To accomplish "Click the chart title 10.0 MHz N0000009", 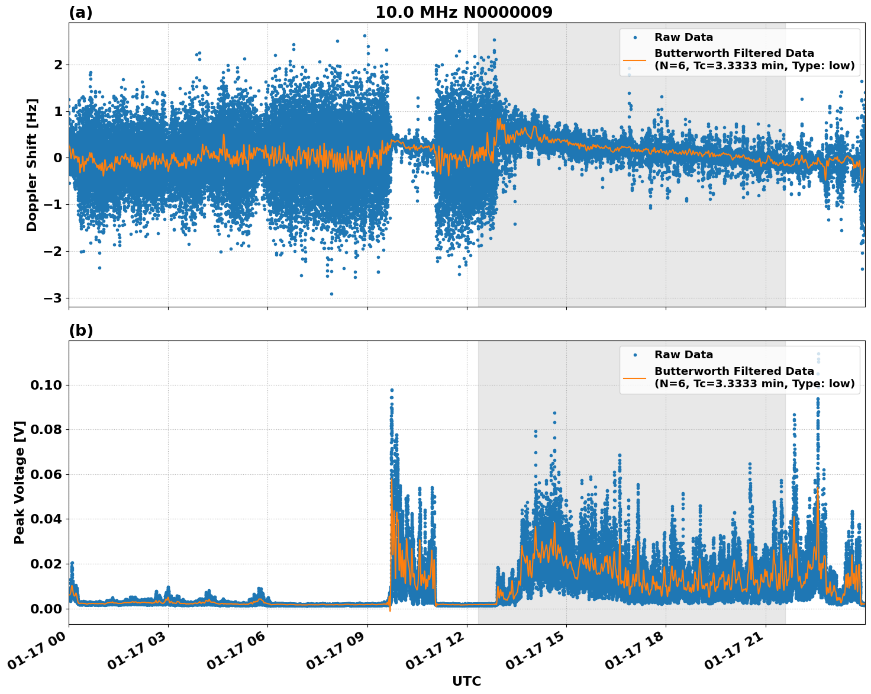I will [463, 12].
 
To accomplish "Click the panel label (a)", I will [80, 12].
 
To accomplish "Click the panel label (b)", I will [80, 330].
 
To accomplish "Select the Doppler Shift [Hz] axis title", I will [32, 165].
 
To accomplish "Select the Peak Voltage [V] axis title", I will [20, 482].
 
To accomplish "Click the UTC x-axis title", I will [466, 681].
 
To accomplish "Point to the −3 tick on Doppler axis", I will [53, 298].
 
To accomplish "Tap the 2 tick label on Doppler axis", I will [58, 65].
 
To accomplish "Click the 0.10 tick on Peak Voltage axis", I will [46, 385].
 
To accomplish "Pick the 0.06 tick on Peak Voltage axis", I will [46, 474].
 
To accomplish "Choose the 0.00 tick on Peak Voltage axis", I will [46, 609].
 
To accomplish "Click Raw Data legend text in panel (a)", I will [683, 37].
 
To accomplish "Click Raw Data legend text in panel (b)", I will [683, 355].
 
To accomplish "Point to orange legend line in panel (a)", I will [635, 60].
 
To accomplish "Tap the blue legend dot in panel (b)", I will [635, 355].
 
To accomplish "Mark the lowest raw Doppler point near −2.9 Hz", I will [331, 294].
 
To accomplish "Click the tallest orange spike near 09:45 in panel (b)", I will [391, 480].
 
